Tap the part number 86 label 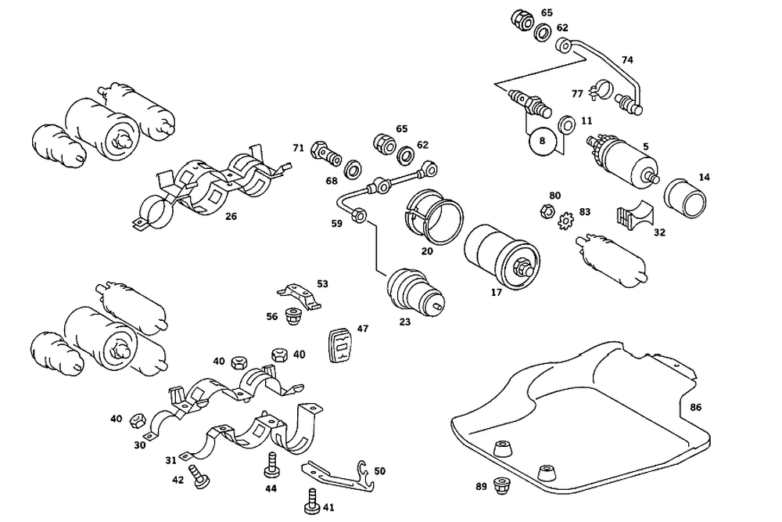click(696, 408)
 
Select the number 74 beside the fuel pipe click(627, 60)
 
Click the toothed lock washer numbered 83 click(564, 219)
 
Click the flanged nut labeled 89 click(500, 485)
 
